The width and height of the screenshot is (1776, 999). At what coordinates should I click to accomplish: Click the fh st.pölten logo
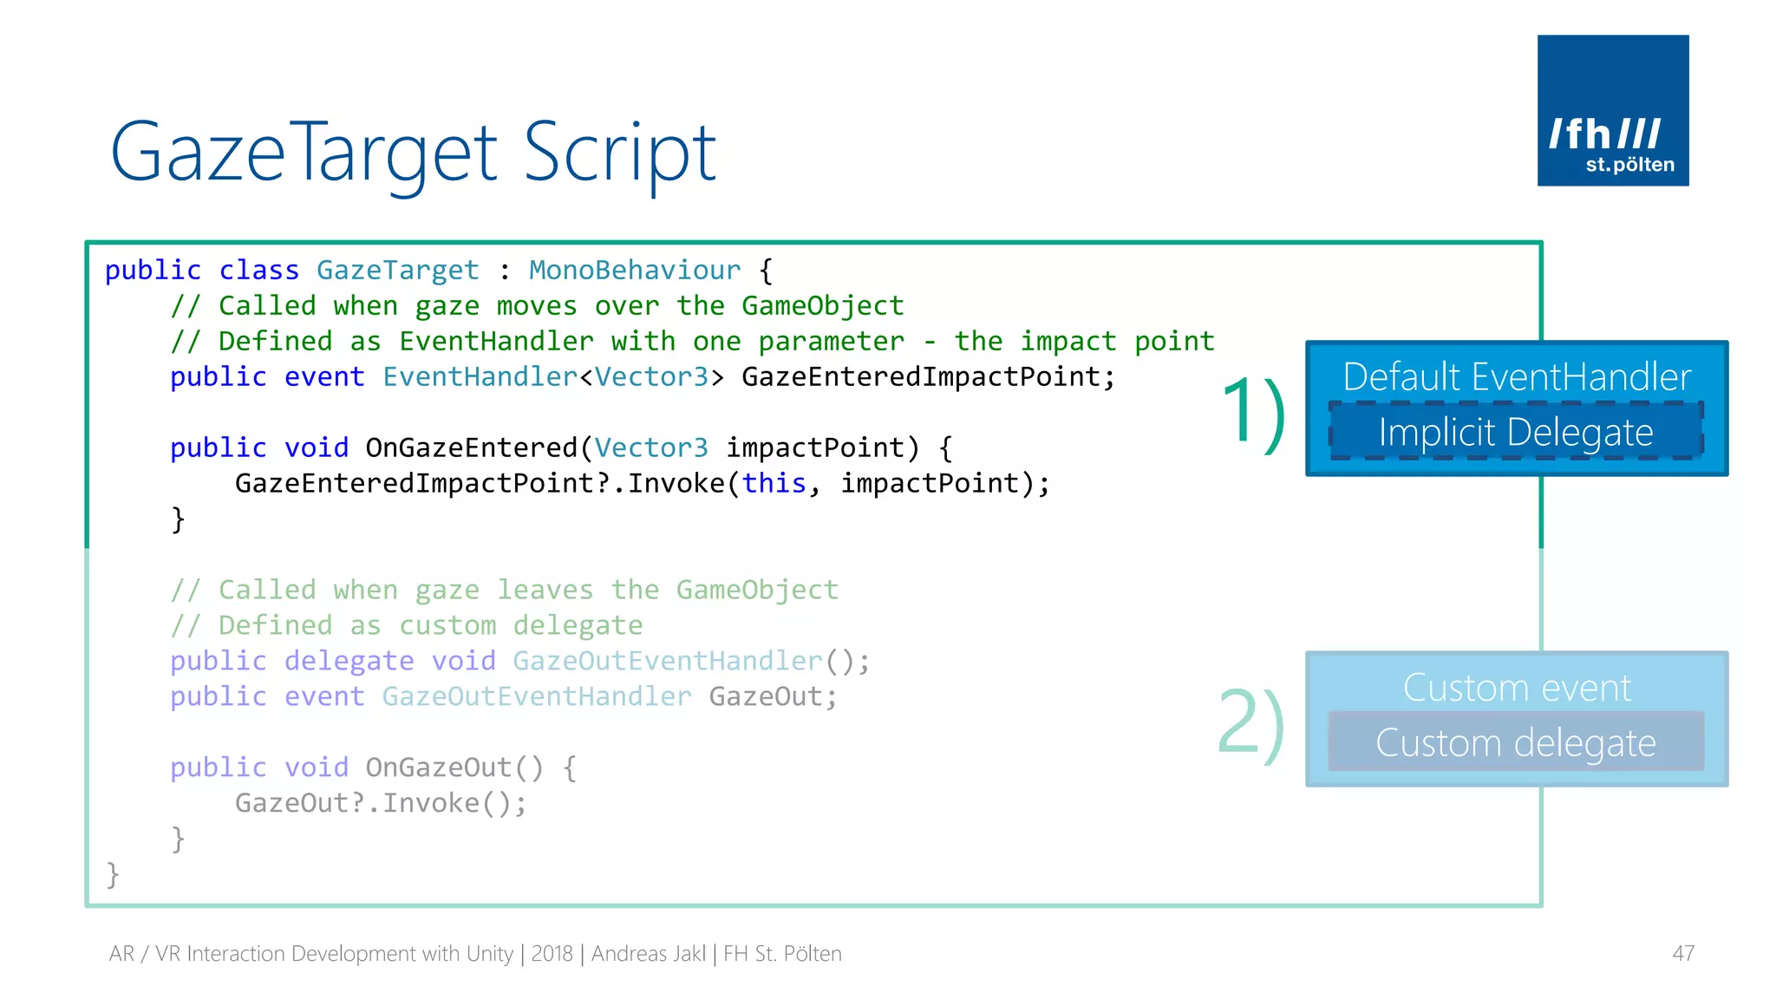pyautogui.click(x=1612, y=110)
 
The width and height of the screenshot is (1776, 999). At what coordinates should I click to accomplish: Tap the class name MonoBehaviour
pyautogui.click(x=635, y=271)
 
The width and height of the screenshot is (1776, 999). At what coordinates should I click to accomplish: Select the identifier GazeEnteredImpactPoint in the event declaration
pyautogui.click(x=921, y=377)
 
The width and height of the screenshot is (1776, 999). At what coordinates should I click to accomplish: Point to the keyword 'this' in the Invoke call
pyautogui.click(x=774, y=483)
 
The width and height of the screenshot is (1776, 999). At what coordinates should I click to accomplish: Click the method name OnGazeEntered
pyautogui.click(x=471, y=447)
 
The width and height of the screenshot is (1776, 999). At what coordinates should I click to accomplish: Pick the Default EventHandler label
pyautogui.click(x=1517, y=377)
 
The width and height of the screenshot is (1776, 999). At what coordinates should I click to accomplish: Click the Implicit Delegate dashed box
pyautogui.click(x=1516, y=432)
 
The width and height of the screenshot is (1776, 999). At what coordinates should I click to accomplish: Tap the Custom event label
pyautogui.click(x=1517, y=688)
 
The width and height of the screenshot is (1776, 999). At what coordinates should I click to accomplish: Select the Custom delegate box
pyautogui.click(x=1516, y=742)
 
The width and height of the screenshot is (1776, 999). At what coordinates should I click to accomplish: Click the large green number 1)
pyautogui.click(x=1252, y=414)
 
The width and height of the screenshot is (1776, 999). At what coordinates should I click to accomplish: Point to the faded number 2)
pyautogui.click(x=1250, y=724)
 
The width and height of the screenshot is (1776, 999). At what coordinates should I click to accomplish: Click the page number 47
pyautogui.click(x=1682, y=954)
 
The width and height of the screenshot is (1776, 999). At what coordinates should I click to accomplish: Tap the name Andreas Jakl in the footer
pyautogui.click(x=648, y=954)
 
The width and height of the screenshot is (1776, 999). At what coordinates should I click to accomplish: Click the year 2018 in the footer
pyautogui.click(x=552, y=954)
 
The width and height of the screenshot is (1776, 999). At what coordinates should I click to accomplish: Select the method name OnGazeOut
pyautogui.click(x=439, y=767)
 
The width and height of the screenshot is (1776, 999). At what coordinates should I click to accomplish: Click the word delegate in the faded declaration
pyautogui.click(x=349, y=661)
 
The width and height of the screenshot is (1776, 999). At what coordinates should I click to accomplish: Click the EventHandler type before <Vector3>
pyautogui.click(x=480, y=377)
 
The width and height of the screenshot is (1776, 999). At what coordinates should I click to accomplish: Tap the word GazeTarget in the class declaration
pyautogui.click(x=397, y=271)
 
